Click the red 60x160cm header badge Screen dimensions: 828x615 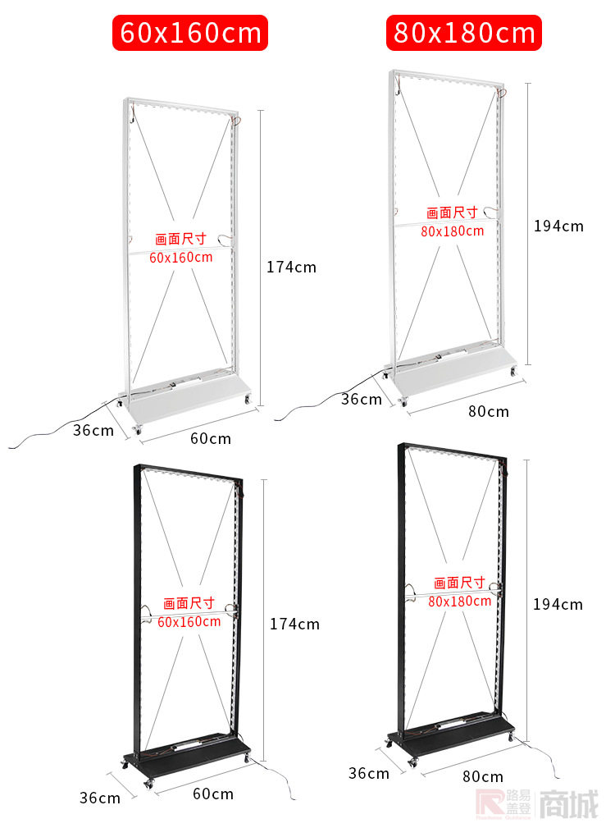[190, 34]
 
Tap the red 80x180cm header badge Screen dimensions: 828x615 [464, 34]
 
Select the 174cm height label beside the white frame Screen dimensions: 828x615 [291, 267]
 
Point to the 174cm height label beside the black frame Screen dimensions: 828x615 [294, 624]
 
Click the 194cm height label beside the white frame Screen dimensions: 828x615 [558, 226]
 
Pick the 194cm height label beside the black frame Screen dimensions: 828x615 [558, 604]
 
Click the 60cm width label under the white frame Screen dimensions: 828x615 [211, 438]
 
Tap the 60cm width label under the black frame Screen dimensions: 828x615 [213, 794]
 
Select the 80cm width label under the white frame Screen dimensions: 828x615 [488, 411]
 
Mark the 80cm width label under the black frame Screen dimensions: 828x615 [483, 776]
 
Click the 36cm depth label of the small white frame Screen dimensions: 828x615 [93, 430]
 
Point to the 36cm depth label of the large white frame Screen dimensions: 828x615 [362, 399]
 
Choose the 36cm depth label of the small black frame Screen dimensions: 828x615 [99, 798]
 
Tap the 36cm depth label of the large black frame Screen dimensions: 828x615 [369, 773]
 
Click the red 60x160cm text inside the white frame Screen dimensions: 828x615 [181, 257]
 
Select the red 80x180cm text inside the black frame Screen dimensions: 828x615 [459, 601]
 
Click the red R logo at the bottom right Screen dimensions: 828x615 [489, 805]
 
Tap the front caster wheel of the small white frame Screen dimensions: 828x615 [137, 429]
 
